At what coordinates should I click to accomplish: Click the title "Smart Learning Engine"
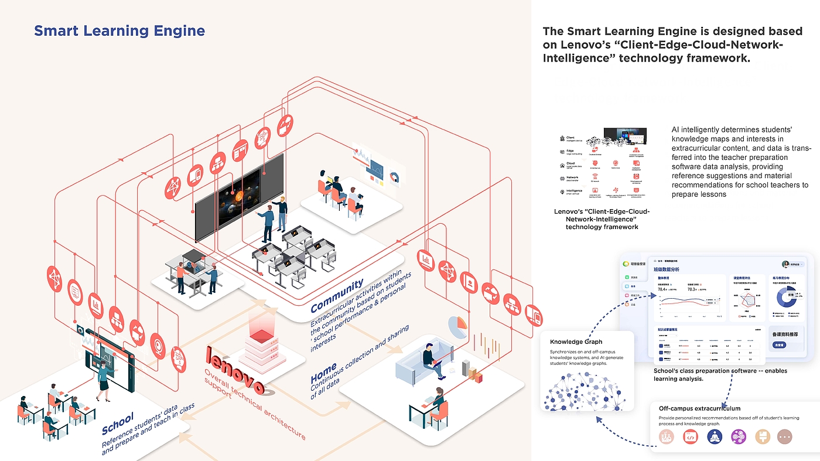point(119,31)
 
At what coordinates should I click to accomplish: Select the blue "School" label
point(118,422)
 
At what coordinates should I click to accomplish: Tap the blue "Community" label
point(337,296)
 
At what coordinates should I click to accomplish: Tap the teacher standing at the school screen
point(104,380)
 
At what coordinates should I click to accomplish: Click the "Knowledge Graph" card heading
point(576,342)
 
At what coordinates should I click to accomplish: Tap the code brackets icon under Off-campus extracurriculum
point(691,437)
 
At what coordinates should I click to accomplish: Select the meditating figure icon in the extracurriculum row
point(715,437)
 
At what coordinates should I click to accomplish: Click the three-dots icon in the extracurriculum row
point(785,437)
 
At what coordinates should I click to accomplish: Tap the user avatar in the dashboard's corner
point(787,264)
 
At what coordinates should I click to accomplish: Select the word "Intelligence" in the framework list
point(574,191)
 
